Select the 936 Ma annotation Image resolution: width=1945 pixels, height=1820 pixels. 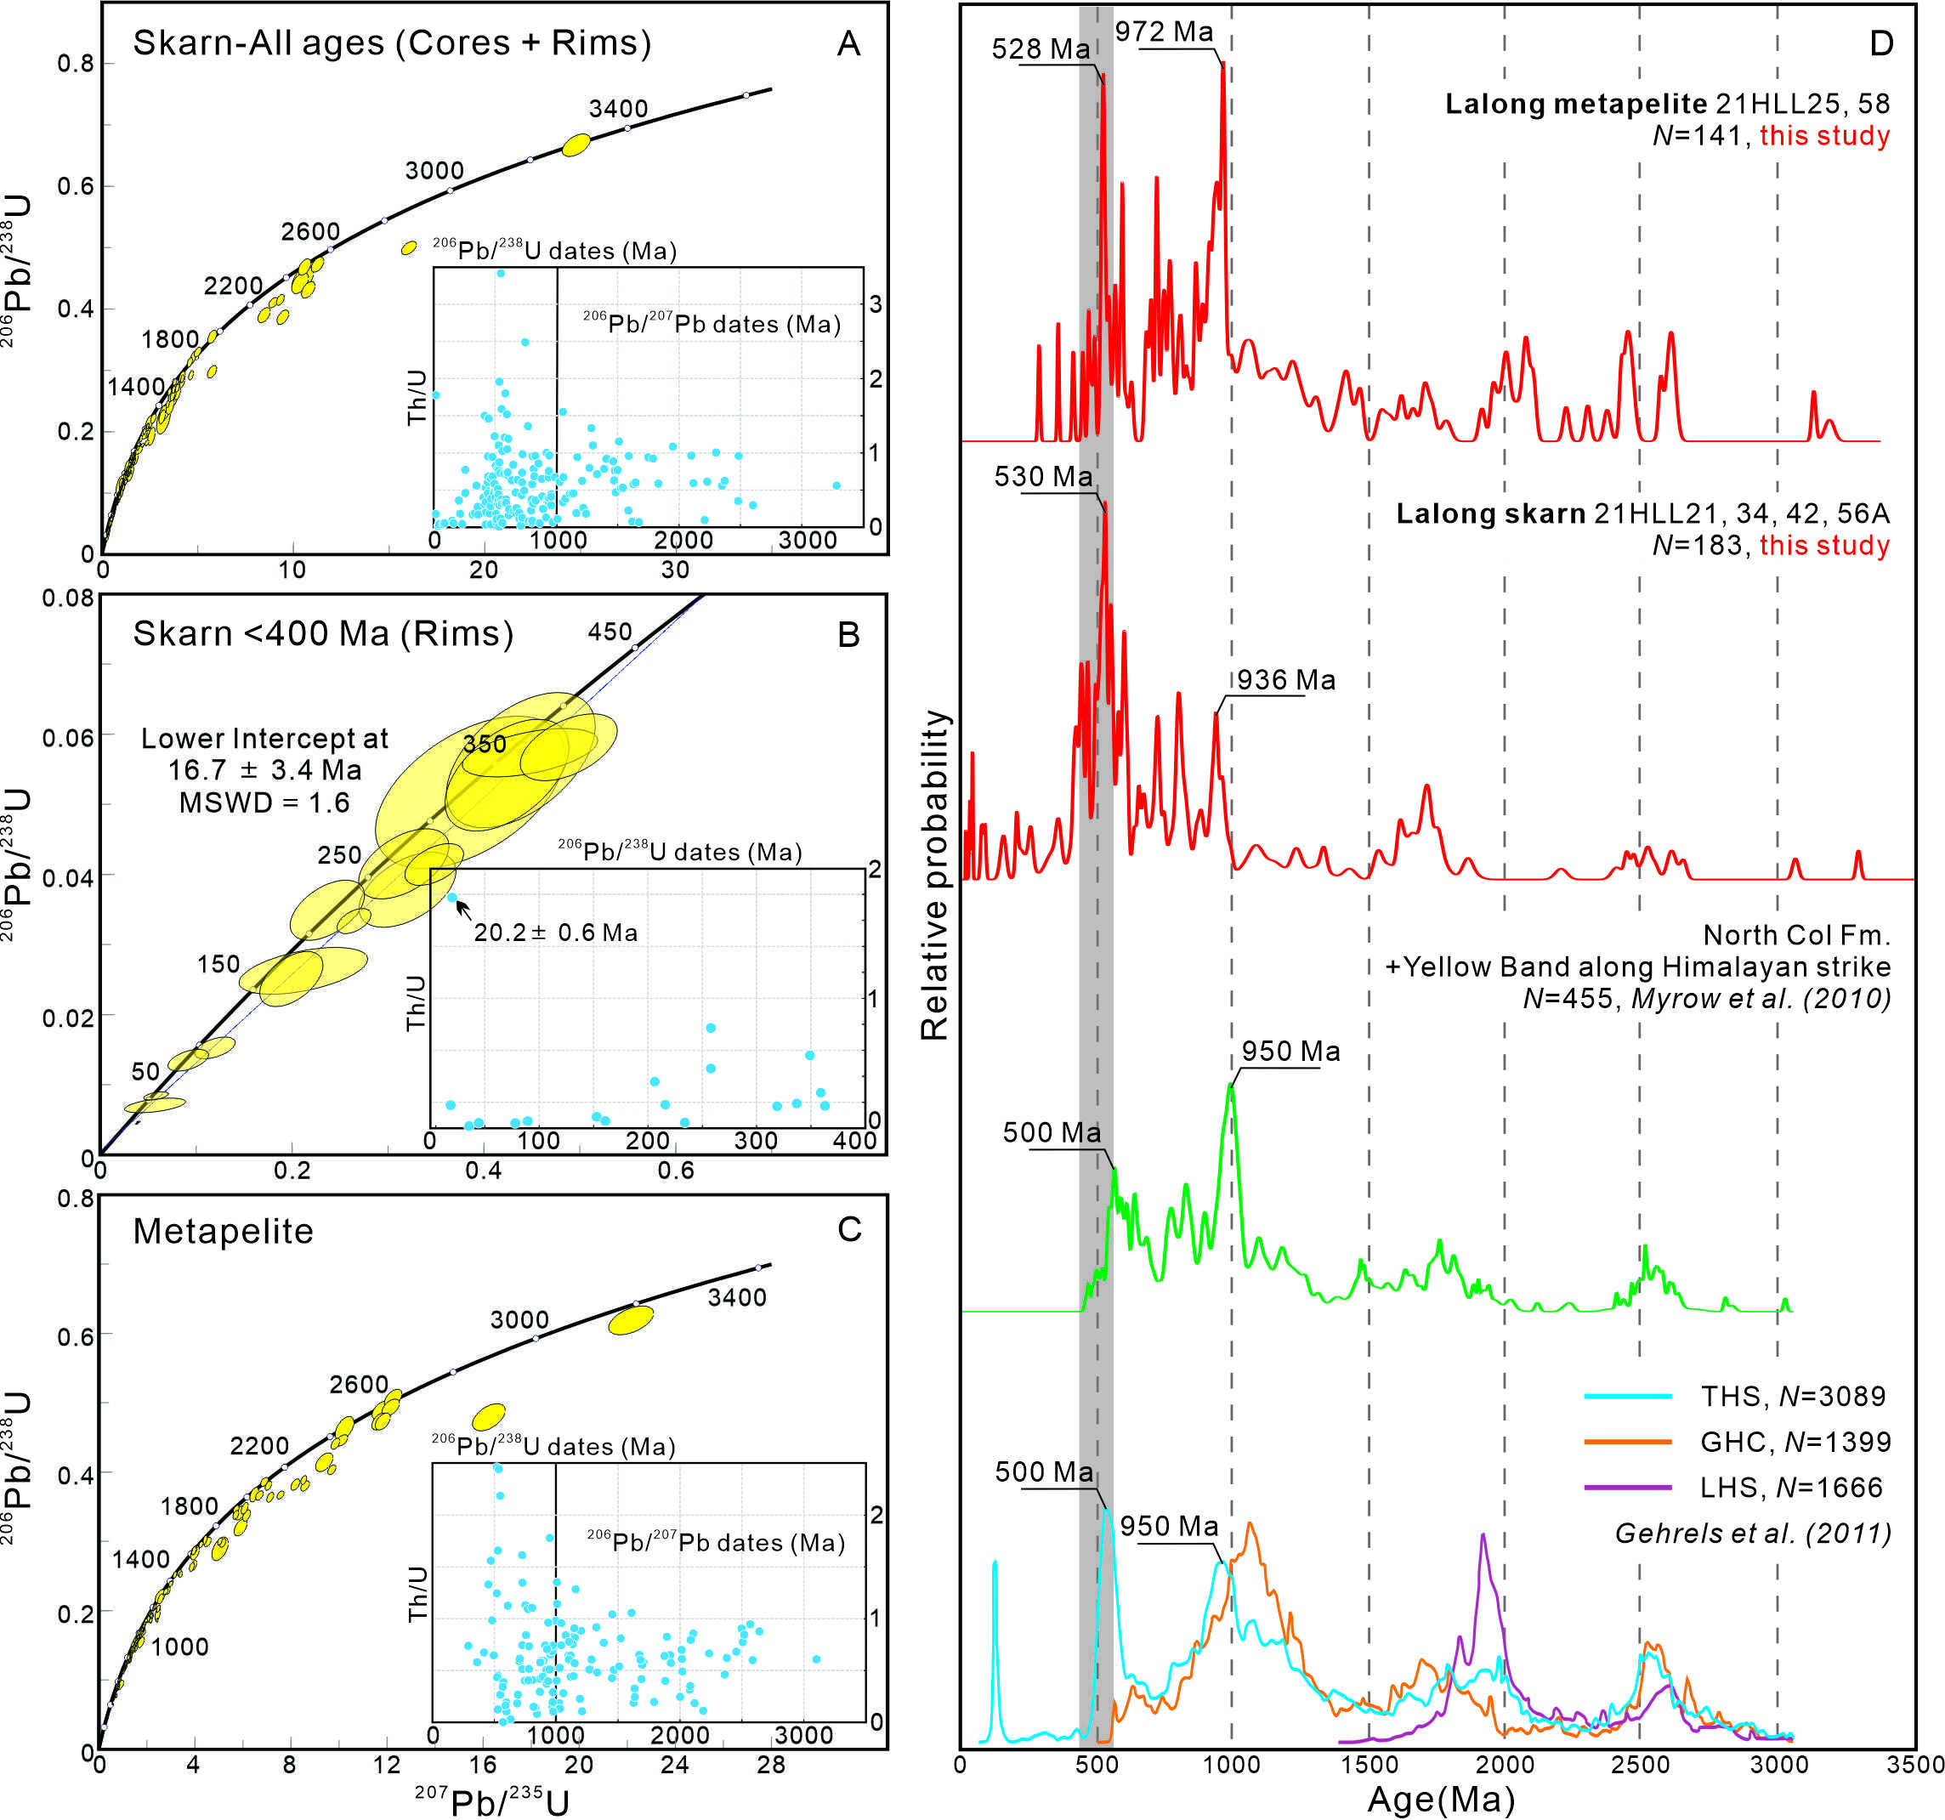(x=1285, y=680)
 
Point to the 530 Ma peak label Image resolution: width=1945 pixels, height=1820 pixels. (x=1043, y=477)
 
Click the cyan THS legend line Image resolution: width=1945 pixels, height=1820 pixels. (x=1627, y=1397)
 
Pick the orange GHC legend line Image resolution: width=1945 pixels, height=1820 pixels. (x=1627, y=1442)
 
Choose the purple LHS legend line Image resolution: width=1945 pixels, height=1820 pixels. (x=1627, y=1488)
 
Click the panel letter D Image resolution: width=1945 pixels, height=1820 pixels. (x=1880, y=44)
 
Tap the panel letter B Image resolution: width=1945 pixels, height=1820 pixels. (x=848, y=634)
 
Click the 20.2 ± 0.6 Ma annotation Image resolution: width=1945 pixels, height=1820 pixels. (x=556, y=933)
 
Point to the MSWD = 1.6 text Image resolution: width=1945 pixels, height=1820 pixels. (x=264, y=803)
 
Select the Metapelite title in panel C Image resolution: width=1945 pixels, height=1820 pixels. (x=223, y=1231)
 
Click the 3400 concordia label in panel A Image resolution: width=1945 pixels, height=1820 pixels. (x=618, y=109)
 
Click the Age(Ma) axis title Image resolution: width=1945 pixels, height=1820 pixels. (x=1441, y=1799)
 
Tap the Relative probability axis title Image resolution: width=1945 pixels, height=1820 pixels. (x=935, y=875)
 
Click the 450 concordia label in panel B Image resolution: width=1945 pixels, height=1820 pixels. (x=610, y=632)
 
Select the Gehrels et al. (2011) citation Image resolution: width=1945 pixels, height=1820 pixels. (x=1752, y=1534)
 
